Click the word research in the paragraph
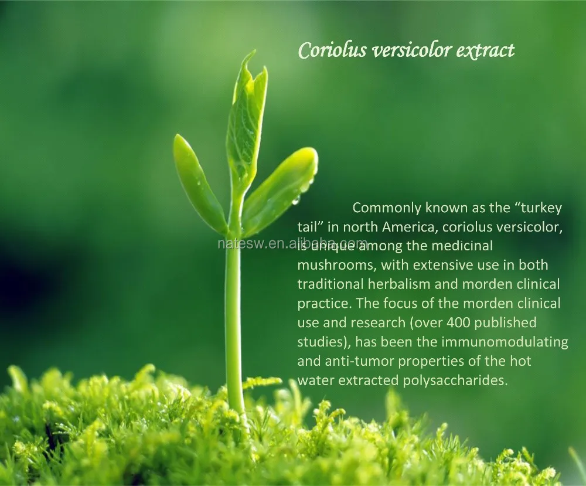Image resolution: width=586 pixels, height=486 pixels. click(x=378, y=322)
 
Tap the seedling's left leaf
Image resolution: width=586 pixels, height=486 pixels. click(x=198, y=182)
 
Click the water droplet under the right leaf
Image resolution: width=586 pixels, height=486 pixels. click(x=296, y=200)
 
